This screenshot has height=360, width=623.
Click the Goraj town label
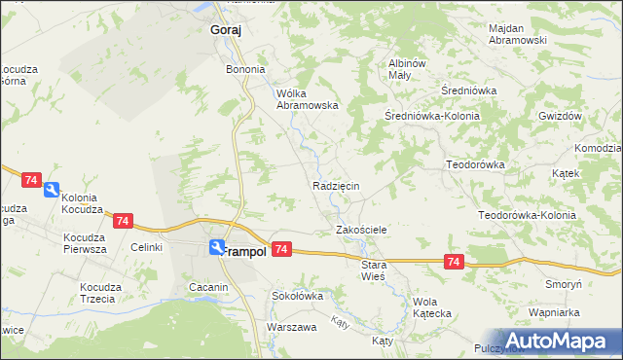coord(226,30)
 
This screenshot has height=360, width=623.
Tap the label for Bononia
coord(245,70)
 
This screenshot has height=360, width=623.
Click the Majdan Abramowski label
coord(518,35)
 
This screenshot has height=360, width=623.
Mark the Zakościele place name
coord(362,230)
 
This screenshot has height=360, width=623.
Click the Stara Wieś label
coord(374,270)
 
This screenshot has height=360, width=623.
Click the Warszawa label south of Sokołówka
coord(292,327)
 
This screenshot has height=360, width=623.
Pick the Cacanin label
coord(208,287)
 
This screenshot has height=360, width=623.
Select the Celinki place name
coord(146,248)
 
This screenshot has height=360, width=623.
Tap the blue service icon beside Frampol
coord(216,248)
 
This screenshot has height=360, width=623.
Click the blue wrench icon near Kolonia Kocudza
coord(53,191)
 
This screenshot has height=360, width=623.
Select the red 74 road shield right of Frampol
coord(281,250)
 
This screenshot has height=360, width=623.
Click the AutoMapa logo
coord(559,341)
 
